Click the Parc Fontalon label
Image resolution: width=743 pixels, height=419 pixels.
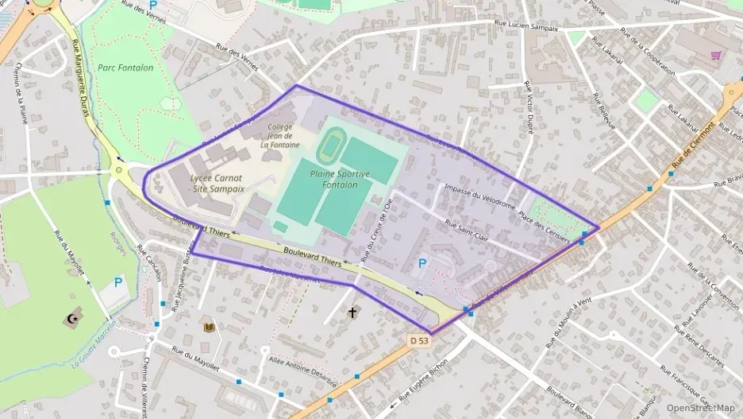click(x=125, y=68)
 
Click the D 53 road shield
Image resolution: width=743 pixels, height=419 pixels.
click(x=420, y=340)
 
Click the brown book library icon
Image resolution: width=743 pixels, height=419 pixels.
click(x=210, y=327)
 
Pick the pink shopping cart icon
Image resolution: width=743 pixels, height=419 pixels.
click(x=716, y=56)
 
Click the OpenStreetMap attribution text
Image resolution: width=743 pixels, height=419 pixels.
click(x=700, y=408)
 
